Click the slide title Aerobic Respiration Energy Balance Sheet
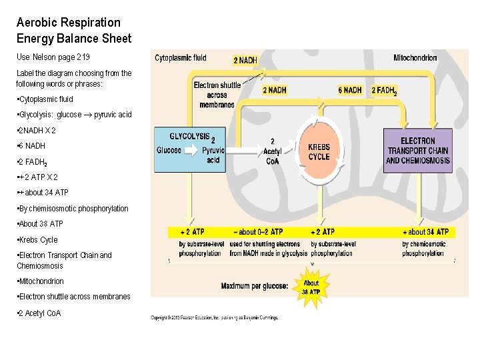click(x=73, y=31)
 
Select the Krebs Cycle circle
click(x=319, y=152)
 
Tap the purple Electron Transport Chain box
click(x=417, y=151)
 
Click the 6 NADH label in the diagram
click(x=350, y=90)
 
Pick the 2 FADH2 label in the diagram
click(x=384, y=90)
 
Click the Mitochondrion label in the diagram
click(x=415, y=58)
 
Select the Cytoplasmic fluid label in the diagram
click(x=181, y=58)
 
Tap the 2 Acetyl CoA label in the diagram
click(x=272, y=151)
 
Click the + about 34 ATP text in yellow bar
click(x=426, y=232)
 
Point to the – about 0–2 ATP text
click(x=259, y=232)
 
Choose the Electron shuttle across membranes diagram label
click(x=217, y=95)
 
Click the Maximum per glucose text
click(x=255, y=286)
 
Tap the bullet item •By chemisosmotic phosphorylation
click(x=74, y=209)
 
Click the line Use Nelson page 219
click(x=53, y=57)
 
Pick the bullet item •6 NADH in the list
click(x=32, y=145)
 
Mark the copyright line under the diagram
click(x=215, y=317)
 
